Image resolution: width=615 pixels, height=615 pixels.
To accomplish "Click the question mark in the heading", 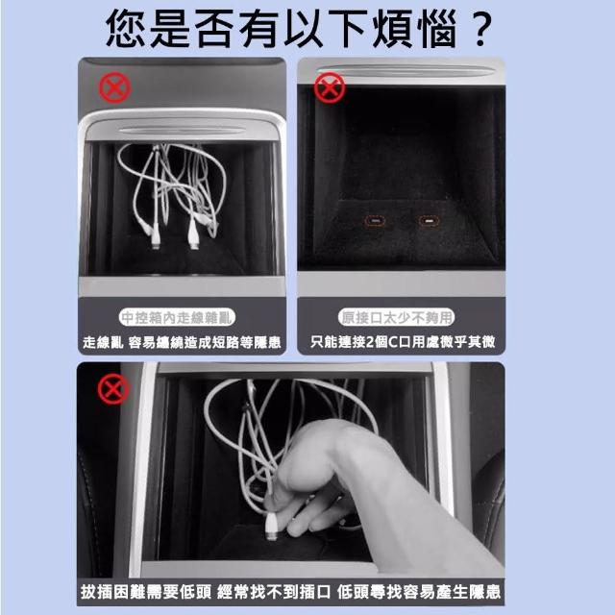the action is [480, 30].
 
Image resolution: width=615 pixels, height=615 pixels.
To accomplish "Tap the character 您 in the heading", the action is [126, 29].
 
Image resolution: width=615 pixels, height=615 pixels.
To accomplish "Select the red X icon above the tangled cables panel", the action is [114, 87].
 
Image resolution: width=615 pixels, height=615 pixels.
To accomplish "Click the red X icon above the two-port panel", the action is [330, 87].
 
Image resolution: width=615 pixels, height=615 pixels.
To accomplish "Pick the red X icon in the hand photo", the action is [113, 388].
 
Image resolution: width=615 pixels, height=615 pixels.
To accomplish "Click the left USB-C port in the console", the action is [376, 221].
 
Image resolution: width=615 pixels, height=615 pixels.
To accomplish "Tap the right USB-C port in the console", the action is [430, 221].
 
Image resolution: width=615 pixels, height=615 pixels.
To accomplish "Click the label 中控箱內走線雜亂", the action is [177, 317].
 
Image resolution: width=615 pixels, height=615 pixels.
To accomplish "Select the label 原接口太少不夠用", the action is [397, 317].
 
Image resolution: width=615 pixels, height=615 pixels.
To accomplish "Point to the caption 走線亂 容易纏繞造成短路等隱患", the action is [182, 342].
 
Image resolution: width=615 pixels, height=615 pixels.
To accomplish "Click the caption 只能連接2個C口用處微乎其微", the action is [403, 342].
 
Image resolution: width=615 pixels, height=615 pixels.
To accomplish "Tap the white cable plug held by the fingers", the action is [271, 527].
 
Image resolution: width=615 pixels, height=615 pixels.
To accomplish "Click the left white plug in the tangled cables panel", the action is [155, 239].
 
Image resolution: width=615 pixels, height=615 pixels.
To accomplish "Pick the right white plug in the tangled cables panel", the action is [193, 234].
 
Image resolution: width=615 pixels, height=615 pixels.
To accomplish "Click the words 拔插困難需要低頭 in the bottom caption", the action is [146, 592].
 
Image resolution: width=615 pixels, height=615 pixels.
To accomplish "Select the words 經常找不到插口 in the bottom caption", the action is [274, 592].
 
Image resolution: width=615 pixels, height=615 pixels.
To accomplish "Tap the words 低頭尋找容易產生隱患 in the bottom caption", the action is [419, 592].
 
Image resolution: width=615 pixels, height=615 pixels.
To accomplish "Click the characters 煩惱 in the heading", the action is [415, 29].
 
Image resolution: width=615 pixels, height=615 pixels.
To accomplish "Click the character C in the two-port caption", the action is [393, 342].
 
